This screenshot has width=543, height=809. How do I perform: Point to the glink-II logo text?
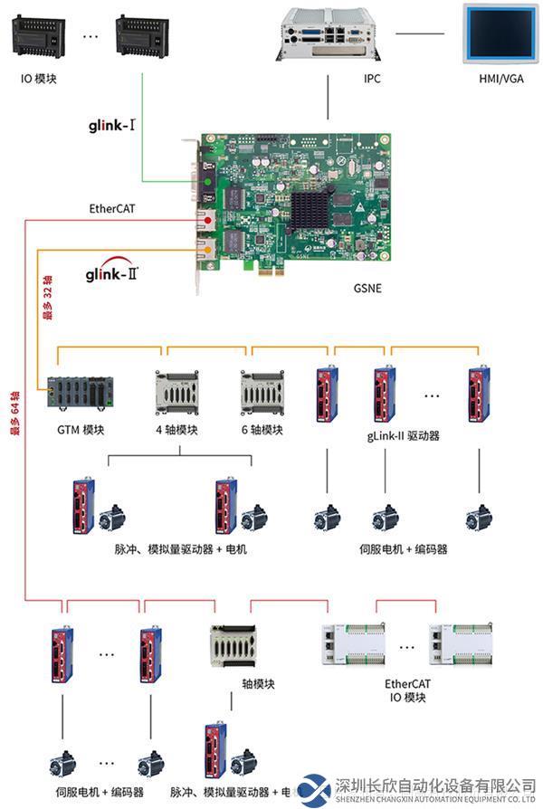pyautogui.click(x=112, y=271)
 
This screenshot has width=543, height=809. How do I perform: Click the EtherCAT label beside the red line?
pyautogui.click(x=113, y=207)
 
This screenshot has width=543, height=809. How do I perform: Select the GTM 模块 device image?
pyautogui.click(x=81, y=391)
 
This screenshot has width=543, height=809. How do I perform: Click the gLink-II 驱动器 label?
pyautogui.click(x=403, y=434)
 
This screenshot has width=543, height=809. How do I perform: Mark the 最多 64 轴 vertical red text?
pyautogui.click(x=14, y=412)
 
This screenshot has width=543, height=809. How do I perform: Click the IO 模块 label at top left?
pyautogui.click(x=39, y=79)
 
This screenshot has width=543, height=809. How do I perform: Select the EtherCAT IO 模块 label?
pyautogui.click(x=405, y=690)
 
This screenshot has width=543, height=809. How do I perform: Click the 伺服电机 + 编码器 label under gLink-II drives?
pyautogui.click(x=404, y=548)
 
